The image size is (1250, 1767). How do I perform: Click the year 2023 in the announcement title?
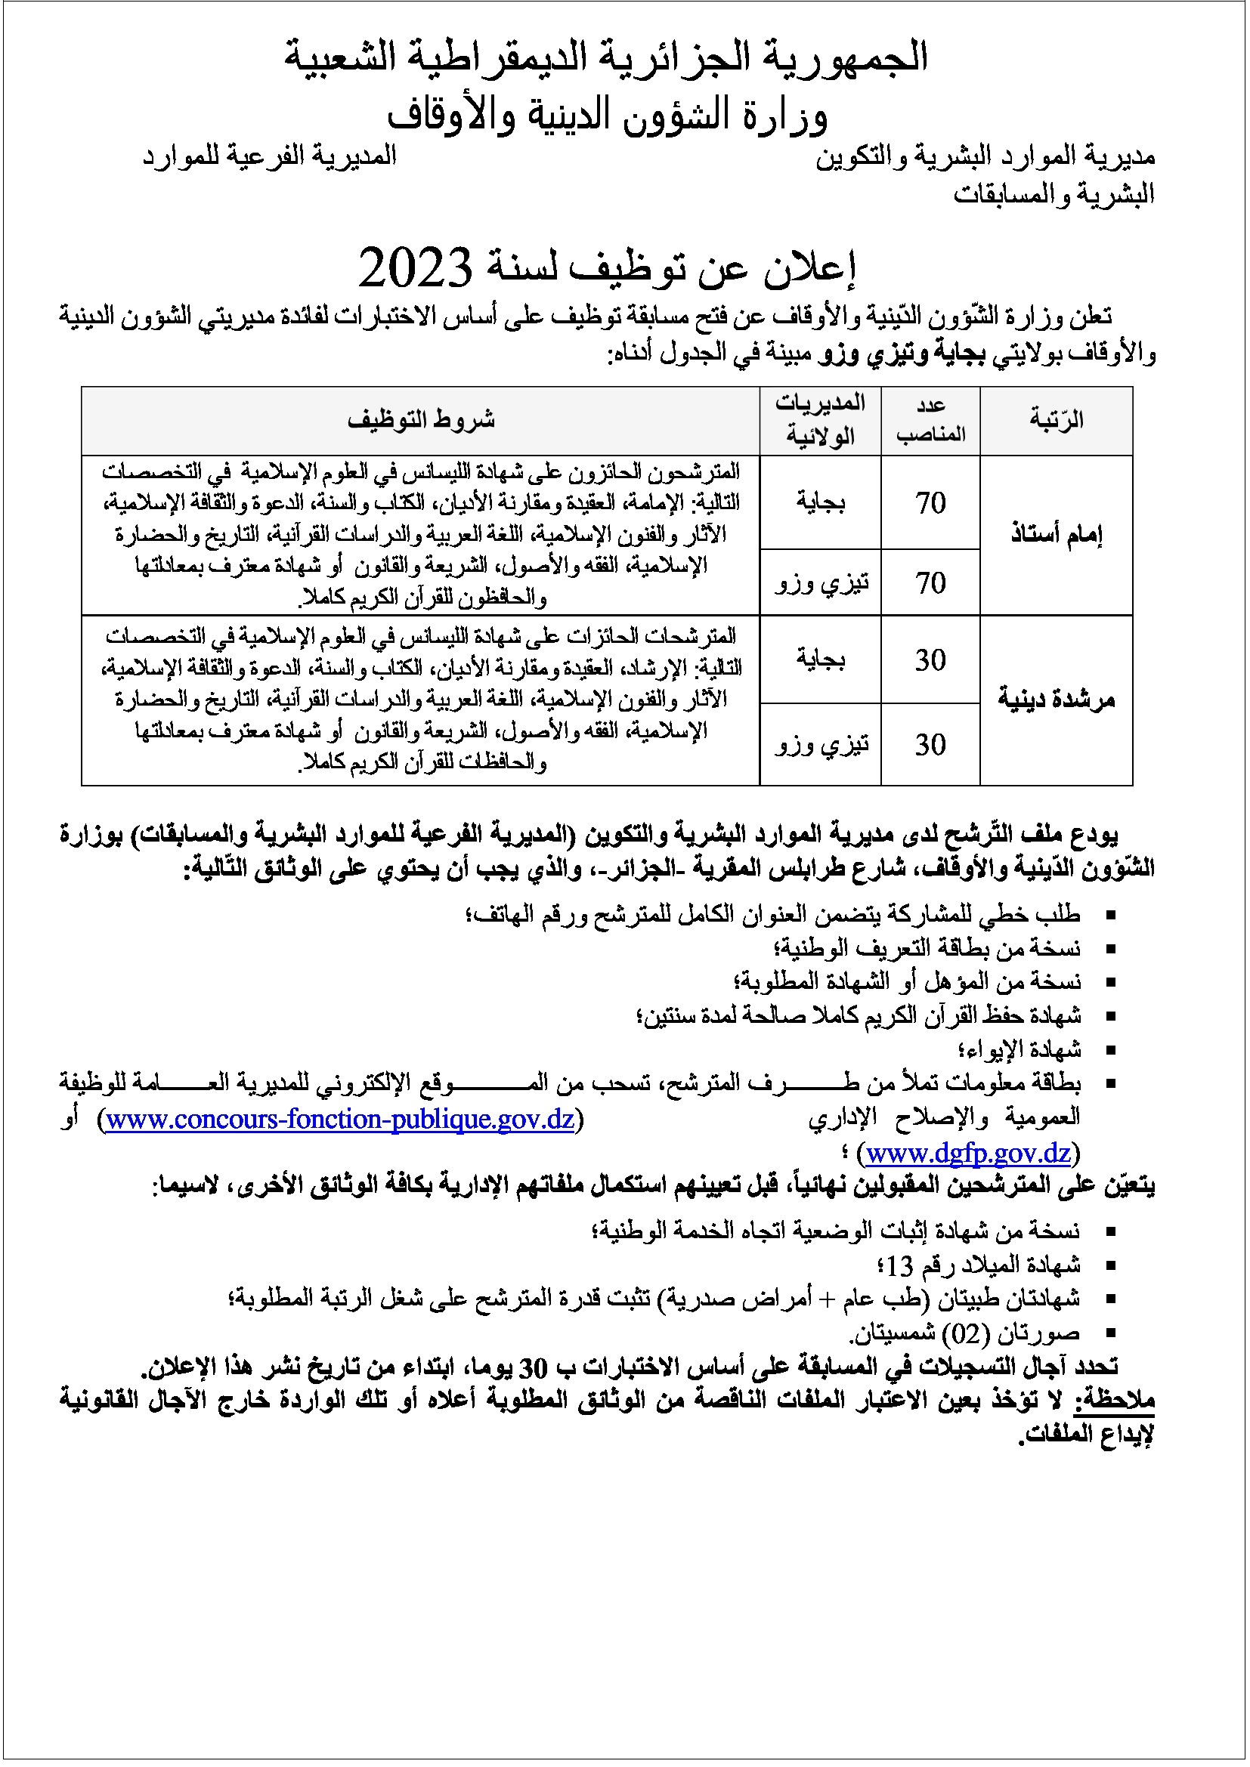(x=415, y=267)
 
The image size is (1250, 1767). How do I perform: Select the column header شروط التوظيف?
(x=420, y=420)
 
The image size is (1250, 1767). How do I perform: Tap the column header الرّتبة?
(x=1056, y=420)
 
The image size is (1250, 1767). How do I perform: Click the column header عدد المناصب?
(x=930, y=420)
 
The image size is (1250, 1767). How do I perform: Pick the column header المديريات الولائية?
(x=821, y=420)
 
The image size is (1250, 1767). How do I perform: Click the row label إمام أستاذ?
(x=1056, y=535)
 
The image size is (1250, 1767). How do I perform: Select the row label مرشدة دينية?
(x=1056, y=700)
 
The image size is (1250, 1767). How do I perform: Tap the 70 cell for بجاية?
(x=930, y=502)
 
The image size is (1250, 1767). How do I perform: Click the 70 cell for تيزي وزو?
(x=930, y=582)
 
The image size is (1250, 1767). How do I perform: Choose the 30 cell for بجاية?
(x=930, y=660)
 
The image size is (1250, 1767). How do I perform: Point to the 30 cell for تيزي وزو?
(x=930, y=744)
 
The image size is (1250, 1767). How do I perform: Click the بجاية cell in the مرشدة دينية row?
(x=821, y=660)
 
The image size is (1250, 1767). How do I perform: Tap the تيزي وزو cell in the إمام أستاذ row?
(x=821, y=582)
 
